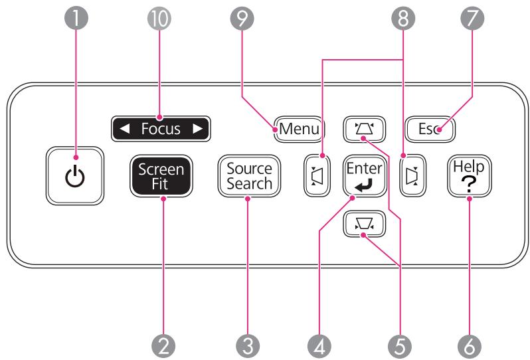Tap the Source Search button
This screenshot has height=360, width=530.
(x=249, y=176)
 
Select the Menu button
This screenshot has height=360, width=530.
(x=297, y=128)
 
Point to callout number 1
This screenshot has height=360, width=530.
(x=80, y=19)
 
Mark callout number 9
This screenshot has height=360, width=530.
(x=245, y=19)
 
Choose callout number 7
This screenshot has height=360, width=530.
(x=472, y=19)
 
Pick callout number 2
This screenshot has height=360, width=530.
(x=164, y=343)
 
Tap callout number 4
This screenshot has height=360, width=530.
(x=319, y=343)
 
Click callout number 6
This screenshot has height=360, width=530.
(x=471, y=343)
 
